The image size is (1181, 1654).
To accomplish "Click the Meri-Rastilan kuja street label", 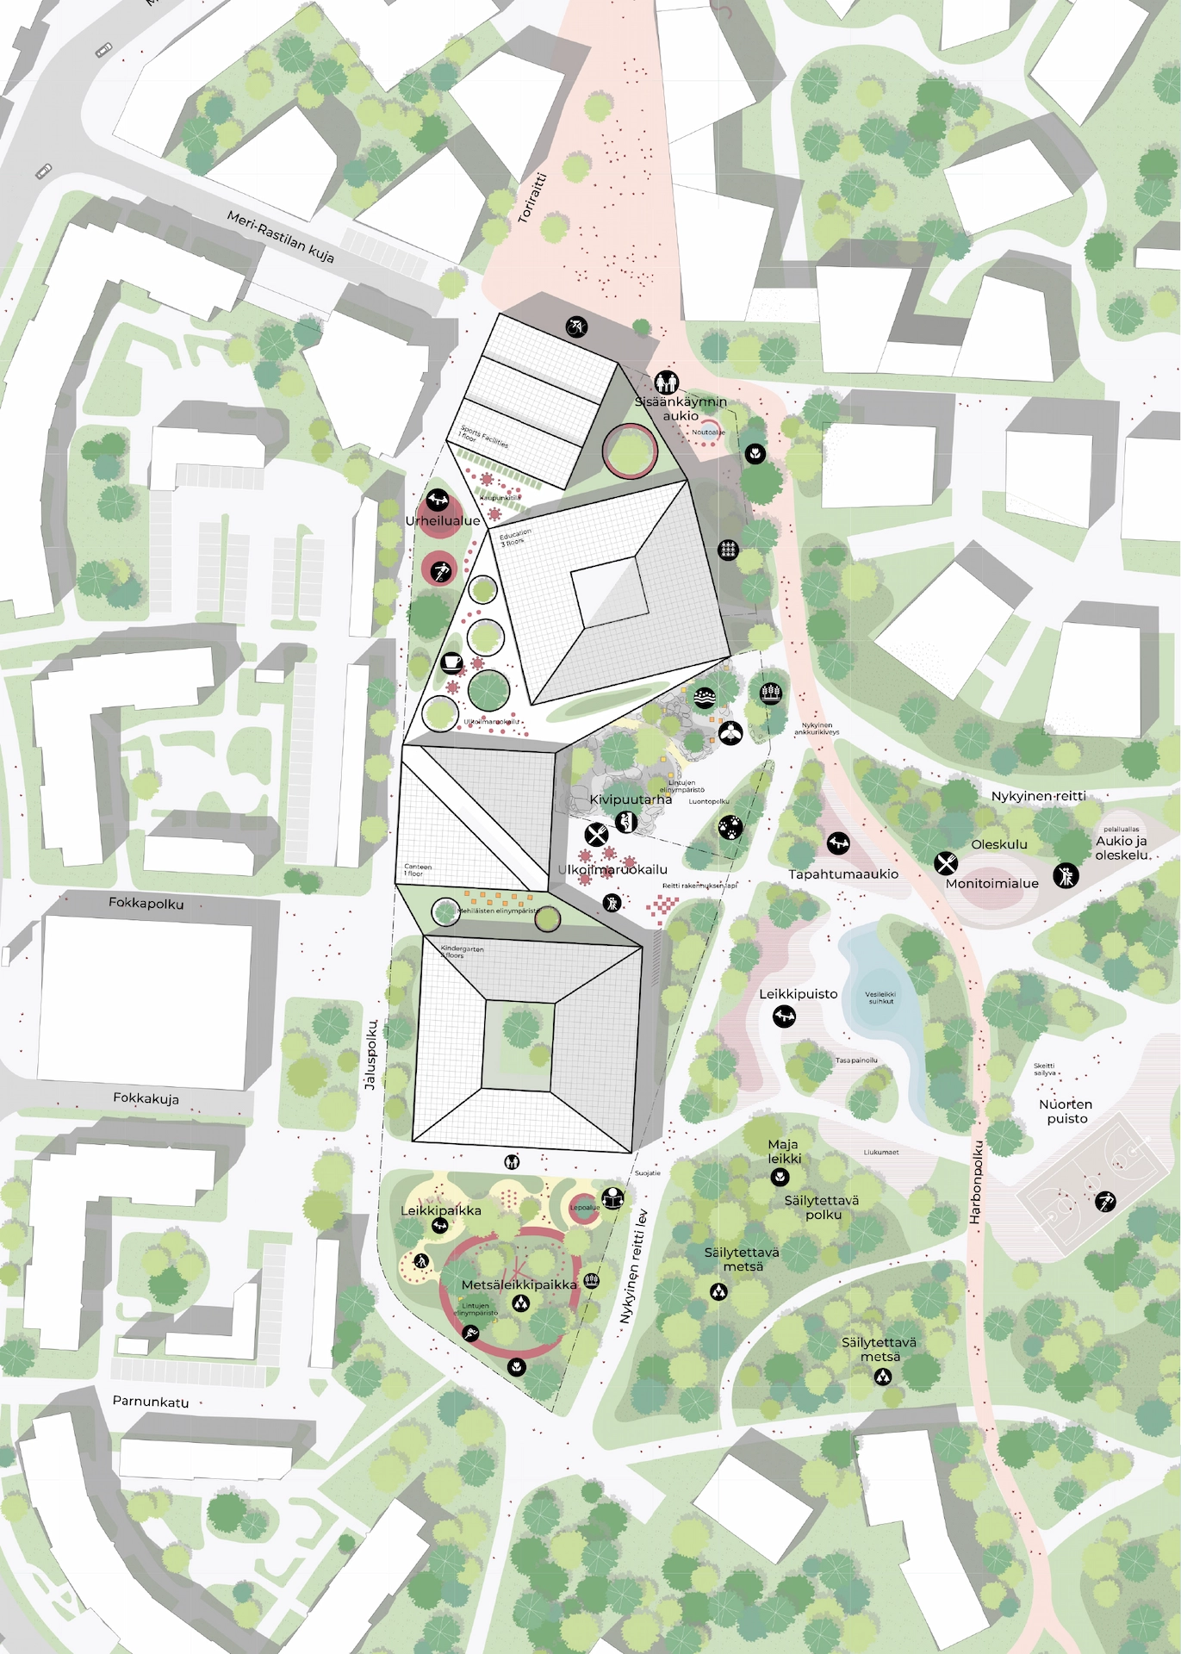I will click(x=280, y=237).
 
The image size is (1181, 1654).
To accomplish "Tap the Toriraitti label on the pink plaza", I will click(x=532, y=198).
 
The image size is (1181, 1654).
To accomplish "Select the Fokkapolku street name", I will click(x=146, y=903).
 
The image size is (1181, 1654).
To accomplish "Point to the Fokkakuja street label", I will click(x=146, y=1098).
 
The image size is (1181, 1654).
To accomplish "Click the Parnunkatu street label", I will click(x=151, y=1402).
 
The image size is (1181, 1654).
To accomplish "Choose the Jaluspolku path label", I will click(x=371, y=1055).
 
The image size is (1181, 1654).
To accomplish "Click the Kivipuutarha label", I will click(x=631, y=799).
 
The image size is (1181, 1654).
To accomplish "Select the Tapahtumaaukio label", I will click(x=843, y=874).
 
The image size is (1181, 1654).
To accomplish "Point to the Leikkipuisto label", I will click(x=798, y=993).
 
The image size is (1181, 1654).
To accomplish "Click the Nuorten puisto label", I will click(x=1066, y=1111).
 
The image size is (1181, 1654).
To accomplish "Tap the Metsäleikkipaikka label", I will click(x=519, y=1284).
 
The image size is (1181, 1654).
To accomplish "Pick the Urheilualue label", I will click(x=443, y=521).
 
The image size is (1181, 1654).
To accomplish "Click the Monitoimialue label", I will click(x=992, y=883).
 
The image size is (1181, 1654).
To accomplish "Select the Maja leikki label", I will click(x=783, y=1151).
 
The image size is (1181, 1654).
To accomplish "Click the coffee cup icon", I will click(x=451, y=662).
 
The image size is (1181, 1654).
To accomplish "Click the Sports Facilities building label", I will click(x=483, y=437).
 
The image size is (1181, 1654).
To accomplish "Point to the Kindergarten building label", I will click(x=462, y=952).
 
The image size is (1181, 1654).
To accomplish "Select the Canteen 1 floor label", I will click(x=418, y=870).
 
